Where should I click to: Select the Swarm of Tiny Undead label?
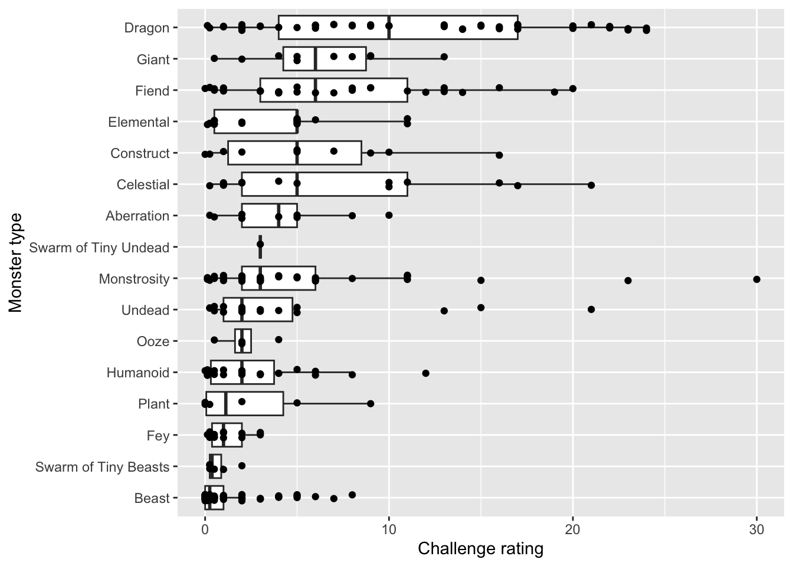(x=99, y=248)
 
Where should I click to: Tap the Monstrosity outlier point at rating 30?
(x=756, y=279)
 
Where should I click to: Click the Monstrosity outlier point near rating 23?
(x=628, y=280)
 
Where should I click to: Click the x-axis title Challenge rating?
(x=480, y=549)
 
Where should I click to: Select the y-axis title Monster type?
(x=15, y=262)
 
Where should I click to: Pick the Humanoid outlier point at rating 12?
(x=425, y=373)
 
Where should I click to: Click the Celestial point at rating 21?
(x=591, y=185)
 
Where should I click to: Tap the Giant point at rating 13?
(x=444, y=57)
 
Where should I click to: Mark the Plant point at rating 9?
(x=371, y=404)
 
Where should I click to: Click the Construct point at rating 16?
(x=499, y=155)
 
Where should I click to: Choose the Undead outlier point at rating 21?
(x=591, y=309)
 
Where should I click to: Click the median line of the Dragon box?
(x=389, y=28)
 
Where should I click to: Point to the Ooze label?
(x=153, y=341)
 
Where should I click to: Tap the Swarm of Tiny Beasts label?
(x=102, y=467)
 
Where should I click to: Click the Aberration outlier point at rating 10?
(x=389, y=215)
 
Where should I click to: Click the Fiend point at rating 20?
(x=572, y=89)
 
